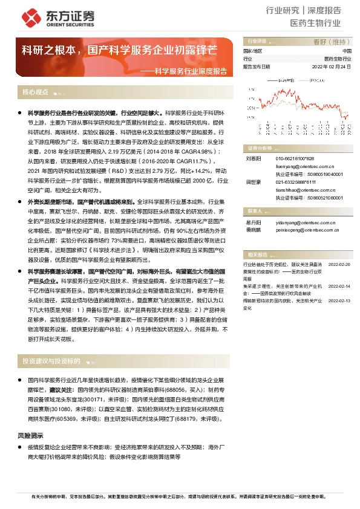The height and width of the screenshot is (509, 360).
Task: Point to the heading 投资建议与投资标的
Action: tap(51, 361)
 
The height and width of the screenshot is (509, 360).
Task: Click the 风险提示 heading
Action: tap(31, 436)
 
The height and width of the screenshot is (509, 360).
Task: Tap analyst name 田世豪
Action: tap(252, 181)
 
